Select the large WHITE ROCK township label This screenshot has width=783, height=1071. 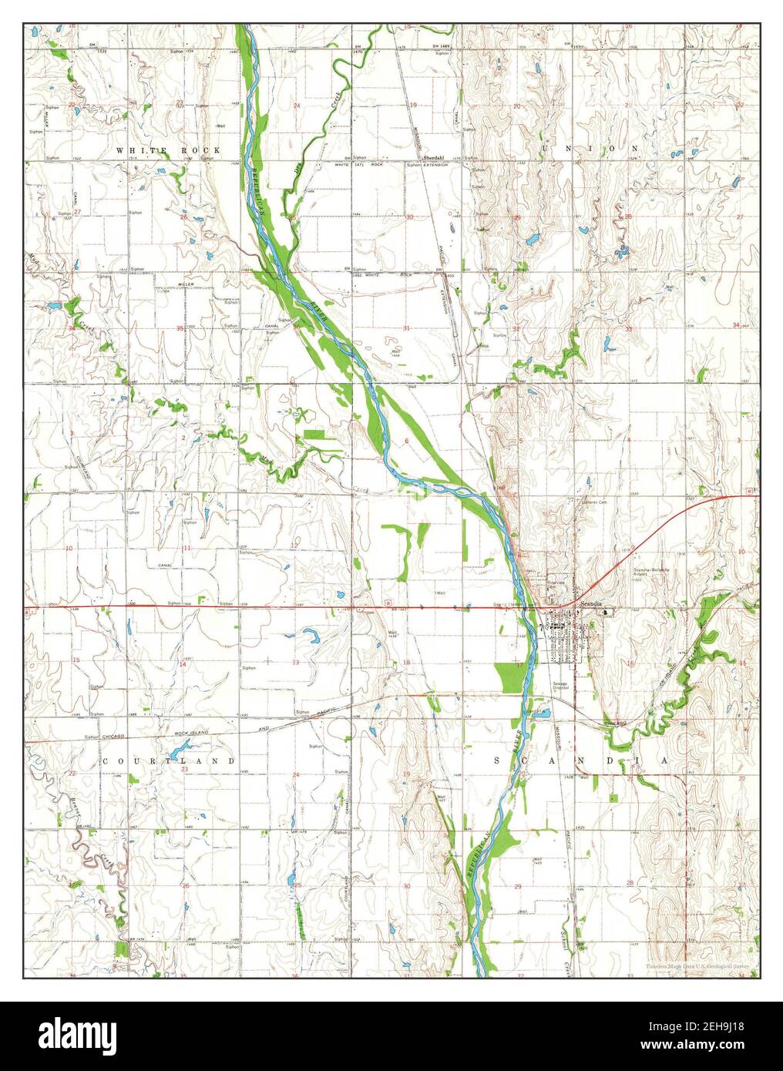point(169,149)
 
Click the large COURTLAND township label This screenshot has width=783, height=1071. point(168,760)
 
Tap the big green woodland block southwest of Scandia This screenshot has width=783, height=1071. point(508,676)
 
